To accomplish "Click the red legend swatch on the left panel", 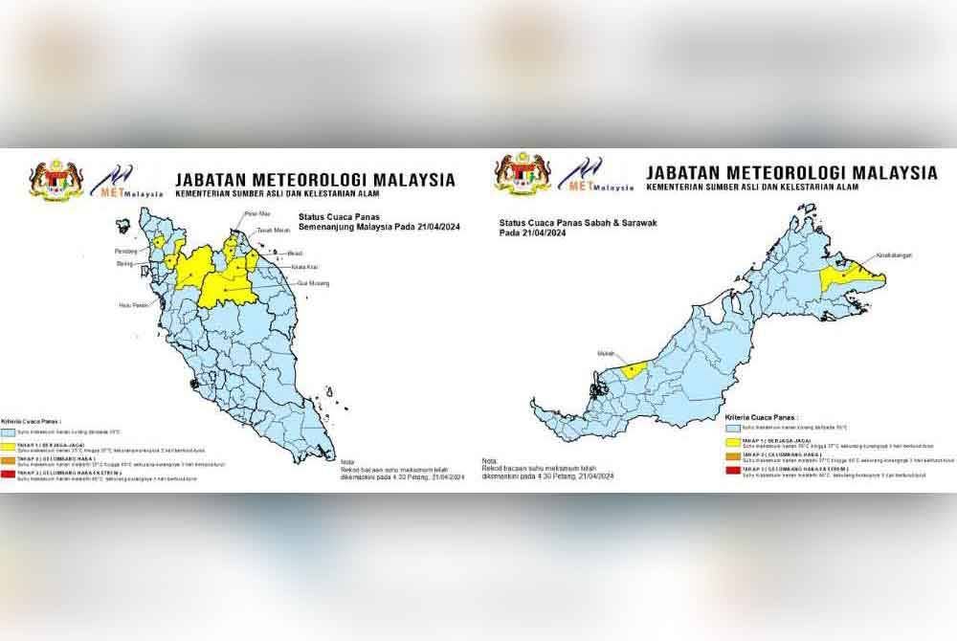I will tap(21, 473).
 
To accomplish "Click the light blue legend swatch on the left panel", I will tap(21, 431).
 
